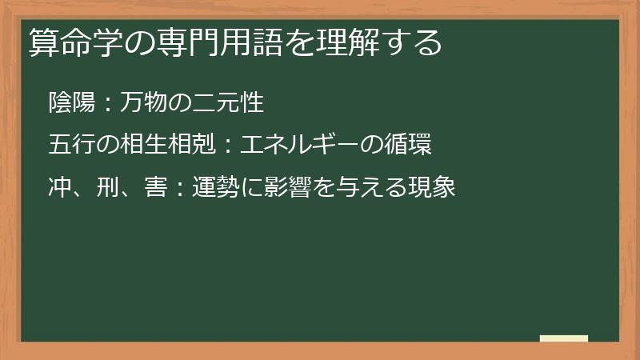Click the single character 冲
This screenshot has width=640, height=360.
pos(59,189)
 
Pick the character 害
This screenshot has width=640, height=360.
pos(155,189)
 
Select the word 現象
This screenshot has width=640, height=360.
pos(432,189)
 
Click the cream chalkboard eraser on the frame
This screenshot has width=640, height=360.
pos(564,338)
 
